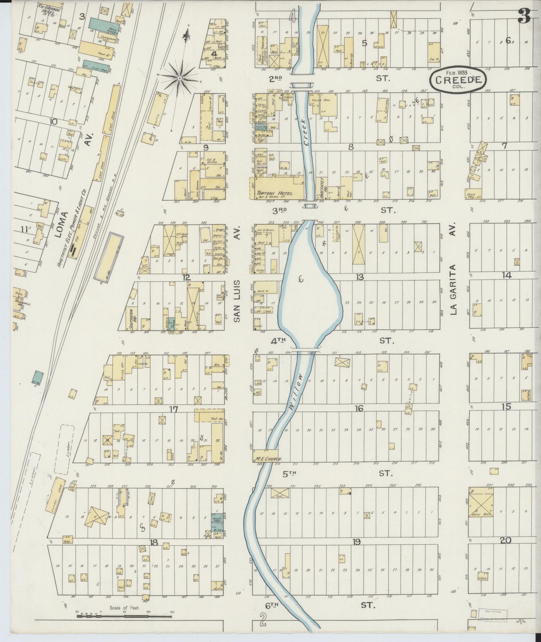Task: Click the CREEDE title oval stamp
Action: pos(457,79)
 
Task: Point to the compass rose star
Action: pos(180,78)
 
